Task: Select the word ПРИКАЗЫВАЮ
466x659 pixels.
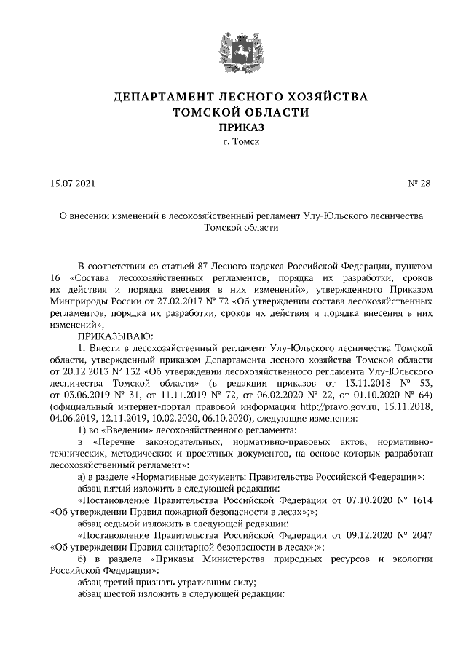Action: (x=112, y=336)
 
